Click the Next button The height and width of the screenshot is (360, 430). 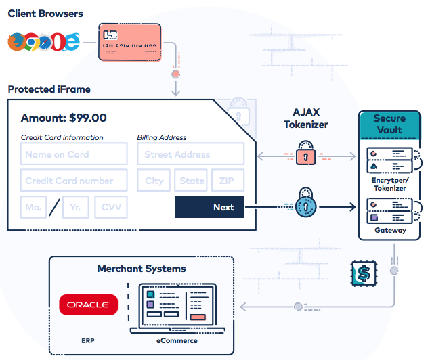[209, 207]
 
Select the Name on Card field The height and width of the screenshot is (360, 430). [74, 154]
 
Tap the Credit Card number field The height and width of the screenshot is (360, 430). [74, 181]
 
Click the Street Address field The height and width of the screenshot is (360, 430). [191, 154]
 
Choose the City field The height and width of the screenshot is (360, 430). [154, 181]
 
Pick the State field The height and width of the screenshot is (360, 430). [191, 181]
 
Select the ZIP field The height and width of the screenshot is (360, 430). [228, 181]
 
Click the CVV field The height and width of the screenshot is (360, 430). [111, 208]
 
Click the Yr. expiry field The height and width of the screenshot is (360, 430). [75, 208]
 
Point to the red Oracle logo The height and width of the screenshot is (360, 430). [89, 305]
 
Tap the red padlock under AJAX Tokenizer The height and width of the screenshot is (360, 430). [306, 154]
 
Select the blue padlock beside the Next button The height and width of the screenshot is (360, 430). [306, 204]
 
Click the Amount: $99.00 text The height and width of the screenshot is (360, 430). [64, 118]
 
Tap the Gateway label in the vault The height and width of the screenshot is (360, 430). [390, 230]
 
